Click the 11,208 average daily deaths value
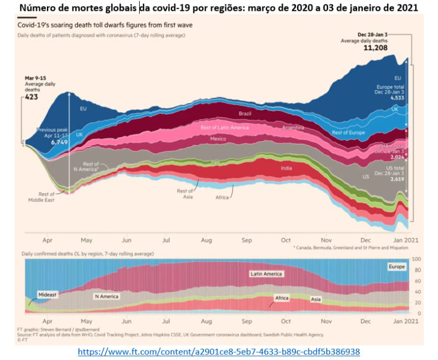pos(376,47)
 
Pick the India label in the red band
pos(286,168)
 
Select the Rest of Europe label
pos(348,133)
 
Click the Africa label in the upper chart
pos(222,197)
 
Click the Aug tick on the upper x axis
pos(206,239)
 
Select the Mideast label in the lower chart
pos(46,295)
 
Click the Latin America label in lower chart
pos(266,274)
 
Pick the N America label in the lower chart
pos(106,297)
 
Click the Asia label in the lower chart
pos(316,299)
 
